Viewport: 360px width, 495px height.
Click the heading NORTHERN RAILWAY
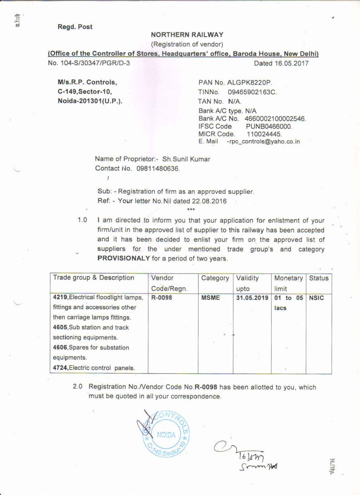(x=187, y=35)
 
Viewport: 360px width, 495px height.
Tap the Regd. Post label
(x=75, y=27)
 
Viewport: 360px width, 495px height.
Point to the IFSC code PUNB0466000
(x=269, y=126)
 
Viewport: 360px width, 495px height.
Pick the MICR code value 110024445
(x=264, y=134)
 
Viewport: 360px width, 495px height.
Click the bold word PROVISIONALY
(x=124, y=258)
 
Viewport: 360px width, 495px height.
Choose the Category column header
(x=215, y=278)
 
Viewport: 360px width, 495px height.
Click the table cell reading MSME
(x=211, y=298)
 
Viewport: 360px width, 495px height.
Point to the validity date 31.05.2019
(x=252, y=298)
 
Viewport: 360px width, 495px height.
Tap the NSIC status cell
(x=316, y=298)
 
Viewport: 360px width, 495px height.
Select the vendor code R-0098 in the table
(x=161, y=298)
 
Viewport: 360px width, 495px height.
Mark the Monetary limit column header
(x=288, y=283)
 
